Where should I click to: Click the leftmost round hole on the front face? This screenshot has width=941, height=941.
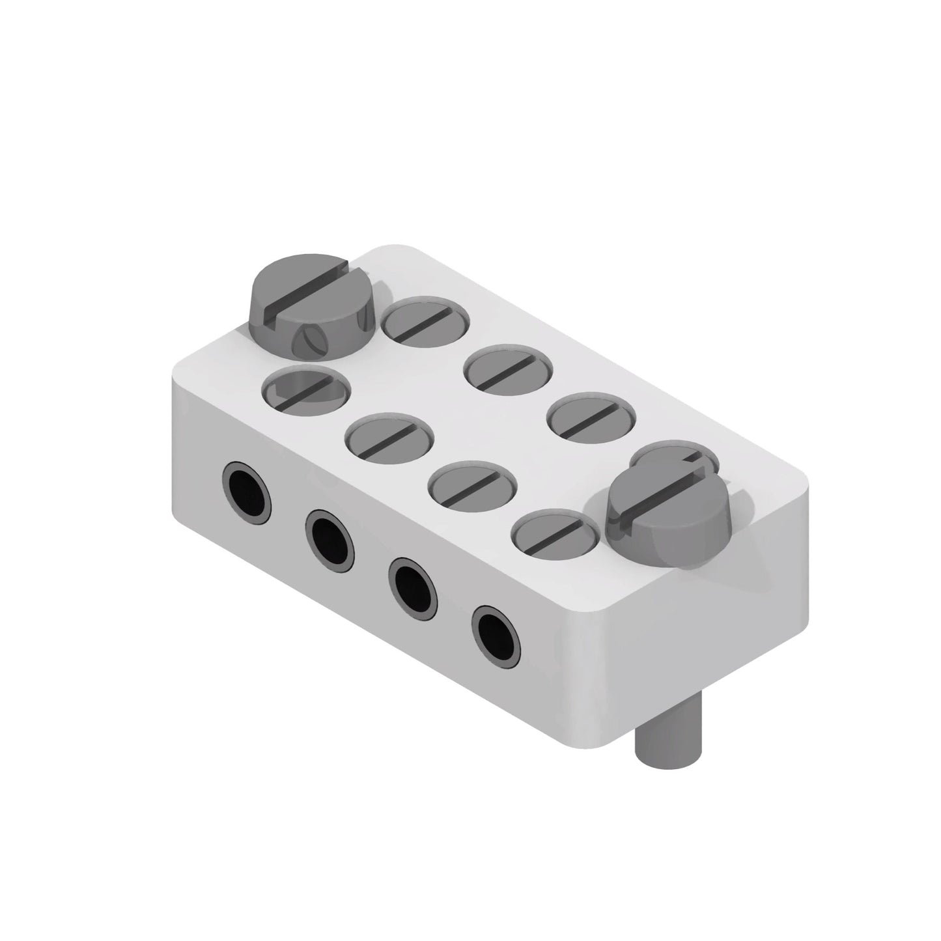(247, 485)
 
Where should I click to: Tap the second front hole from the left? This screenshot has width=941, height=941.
(330, 535)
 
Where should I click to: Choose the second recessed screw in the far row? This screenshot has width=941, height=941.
(509, 370)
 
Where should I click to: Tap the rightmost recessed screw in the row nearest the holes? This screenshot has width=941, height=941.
(555, 532)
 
